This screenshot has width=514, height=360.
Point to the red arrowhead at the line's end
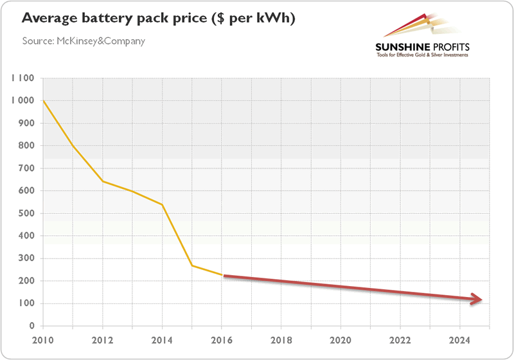[x=476, y=299]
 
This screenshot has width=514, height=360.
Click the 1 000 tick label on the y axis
[x=22, y=101]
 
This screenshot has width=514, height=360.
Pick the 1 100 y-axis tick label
[x=22, y=78]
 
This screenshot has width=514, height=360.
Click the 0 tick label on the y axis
[x=30, y=326]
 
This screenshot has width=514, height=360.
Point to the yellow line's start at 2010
[x=42, y=101]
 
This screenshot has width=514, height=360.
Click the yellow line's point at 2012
[x=103, y=181]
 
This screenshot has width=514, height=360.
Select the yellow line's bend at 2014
[x=163, y=205]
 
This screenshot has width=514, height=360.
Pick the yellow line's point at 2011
[x=73, y=146]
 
